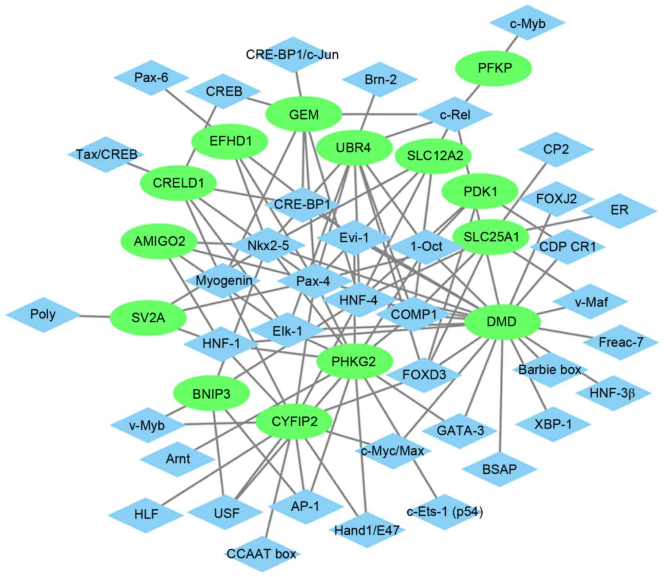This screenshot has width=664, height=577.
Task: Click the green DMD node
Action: click(x=502, y=322)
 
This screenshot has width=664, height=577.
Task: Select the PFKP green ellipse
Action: click(x=495, y=68)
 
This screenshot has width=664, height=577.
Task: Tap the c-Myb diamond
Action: click(x=527, y=23)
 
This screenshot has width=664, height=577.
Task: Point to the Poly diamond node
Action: click(x=43, y=315)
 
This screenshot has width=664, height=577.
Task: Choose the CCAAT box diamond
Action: click(x=261, y=554)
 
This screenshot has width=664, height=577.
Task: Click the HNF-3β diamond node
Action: click(x=612, y=393)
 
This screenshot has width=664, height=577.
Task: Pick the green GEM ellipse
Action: click(x=304, y=115)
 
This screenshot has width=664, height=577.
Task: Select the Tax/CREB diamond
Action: click(x=106, y=154)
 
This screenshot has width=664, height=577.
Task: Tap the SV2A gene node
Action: click(x=148, y=318)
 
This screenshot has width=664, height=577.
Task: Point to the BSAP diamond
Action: click(x=499, y=470)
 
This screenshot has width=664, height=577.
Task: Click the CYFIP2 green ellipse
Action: click(x=294, y=422)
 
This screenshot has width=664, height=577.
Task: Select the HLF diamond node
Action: click(x=146, y=514)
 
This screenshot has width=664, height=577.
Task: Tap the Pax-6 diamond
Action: click(x=151, y=78)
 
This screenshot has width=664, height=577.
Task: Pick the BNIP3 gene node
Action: click(x=211, y=394)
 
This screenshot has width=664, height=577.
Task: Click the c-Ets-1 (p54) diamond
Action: click(x=445, y=512)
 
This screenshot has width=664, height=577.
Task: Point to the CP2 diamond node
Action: click(x=556, y=149)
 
